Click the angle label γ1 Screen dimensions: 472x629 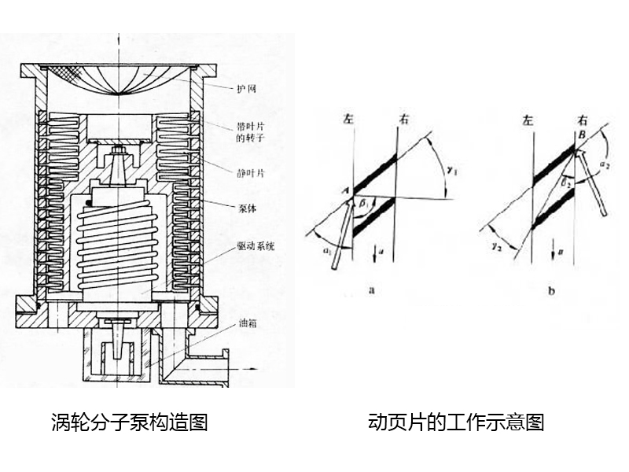coord(451,169)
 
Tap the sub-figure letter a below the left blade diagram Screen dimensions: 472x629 coord(370,289)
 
